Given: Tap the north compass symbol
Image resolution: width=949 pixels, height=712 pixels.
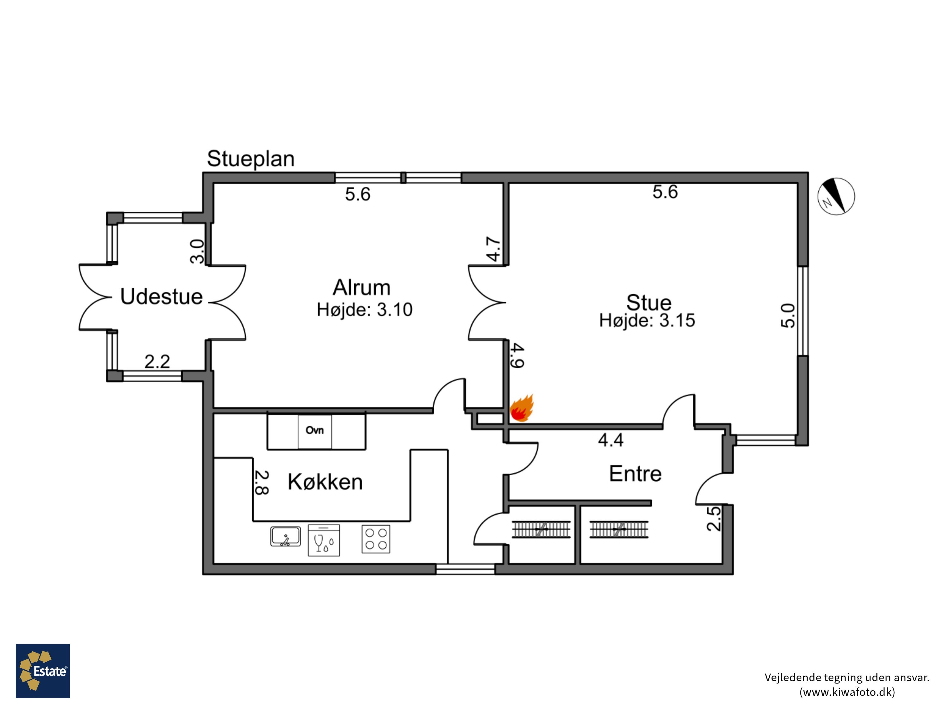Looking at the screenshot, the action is click(x=836, y=196).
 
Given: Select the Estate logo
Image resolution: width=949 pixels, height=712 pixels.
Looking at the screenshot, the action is click(x=43, y=671).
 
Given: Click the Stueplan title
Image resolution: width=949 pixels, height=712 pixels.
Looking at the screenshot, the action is click(x=251, y=159).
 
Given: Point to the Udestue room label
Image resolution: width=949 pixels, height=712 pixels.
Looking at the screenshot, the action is click(x=161, y=297).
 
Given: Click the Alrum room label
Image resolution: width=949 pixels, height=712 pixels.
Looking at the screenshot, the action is click(x=362, y=288).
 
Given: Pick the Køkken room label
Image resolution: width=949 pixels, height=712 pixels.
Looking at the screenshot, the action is click(x=325, y=482).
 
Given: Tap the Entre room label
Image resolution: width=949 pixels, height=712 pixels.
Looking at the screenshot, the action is click(x=636, y=474).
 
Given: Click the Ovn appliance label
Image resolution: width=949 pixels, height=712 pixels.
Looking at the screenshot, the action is click(x=314, y=430).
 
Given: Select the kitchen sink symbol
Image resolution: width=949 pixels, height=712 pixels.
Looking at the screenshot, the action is click(x=286, y=536).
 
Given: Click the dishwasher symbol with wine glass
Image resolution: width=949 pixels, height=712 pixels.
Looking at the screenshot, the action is click(x=324, y=540).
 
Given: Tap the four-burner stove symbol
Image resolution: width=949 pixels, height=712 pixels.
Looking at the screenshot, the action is click(x=376, y=539).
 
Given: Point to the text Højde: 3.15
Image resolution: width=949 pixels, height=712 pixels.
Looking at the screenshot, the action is click(x=647, y=321).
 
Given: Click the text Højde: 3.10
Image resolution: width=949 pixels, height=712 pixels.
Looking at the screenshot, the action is click(x=365, y=310).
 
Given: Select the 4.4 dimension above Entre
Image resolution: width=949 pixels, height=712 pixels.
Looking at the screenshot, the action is click(x=611, y=440).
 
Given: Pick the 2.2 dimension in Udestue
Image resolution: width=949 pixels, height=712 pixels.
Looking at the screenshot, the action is click(x=157, y=361).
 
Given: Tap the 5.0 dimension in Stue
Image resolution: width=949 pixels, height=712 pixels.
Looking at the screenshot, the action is click(x=788, y=316).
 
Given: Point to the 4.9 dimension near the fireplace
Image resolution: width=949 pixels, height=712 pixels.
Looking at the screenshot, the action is click(x=517, y=356).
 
